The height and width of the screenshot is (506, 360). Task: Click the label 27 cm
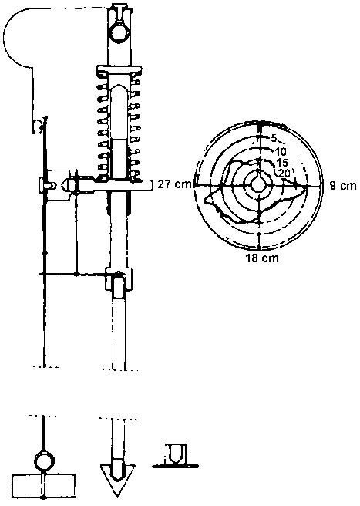pyautogui.click(x=174, y=185)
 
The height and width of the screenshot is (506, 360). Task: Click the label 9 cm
pyautogui.click(x=343, y=186)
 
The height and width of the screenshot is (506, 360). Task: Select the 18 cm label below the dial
pyautogui.click(x=262, y=258)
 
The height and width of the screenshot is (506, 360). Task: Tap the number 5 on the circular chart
pyautogui.click(x=274, y=139)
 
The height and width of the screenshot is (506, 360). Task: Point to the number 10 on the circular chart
pyautogui.click(x=279, y=151)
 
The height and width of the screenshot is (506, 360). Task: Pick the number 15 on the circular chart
pyautogui.click(x=282, y=162)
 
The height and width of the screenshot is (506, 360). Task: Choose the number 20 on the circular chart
pyautogui.click(x=284, y=173)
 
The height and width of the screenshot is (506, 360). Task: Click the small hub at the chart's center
pyautogui.click(x=258, y=185)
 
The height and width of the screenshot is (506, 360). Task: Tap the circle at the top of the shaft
pyautogui.click(x=119, y=32)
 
